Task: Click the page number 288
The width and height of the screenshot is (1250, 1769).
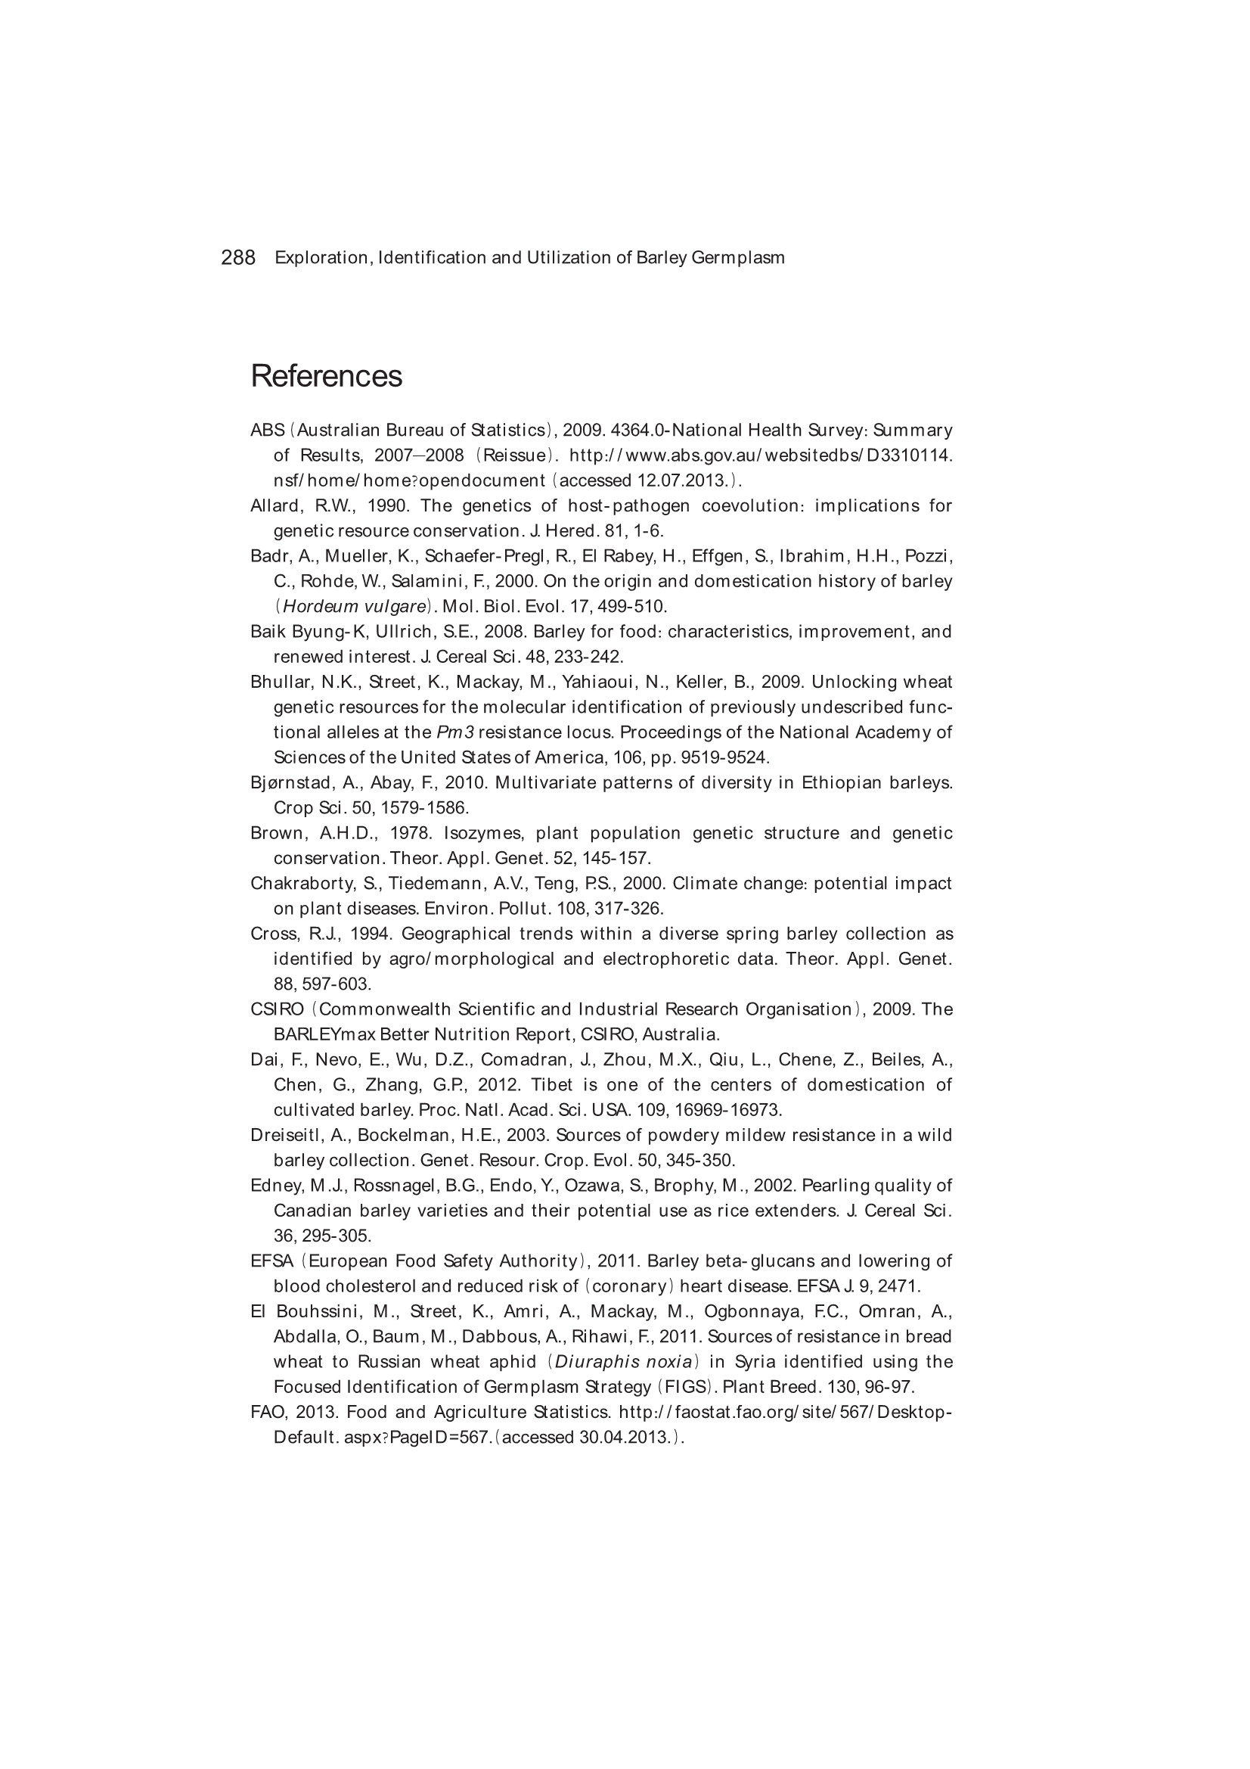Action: [x=238, y=257]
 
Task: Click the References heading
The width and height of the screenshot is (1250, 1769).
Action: [x=326, y=376]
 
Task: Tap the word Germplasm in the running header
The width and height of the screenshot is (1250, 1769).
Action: [x=738, y=257]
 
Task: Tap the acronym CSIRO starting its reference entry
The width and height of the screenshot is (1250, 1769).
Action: [x=278, y=1009]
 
